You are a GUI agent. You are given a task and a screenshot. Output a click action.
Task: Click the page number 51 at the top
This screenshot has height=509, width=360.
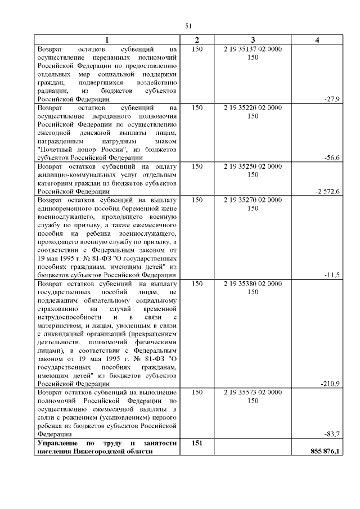coord(188,25)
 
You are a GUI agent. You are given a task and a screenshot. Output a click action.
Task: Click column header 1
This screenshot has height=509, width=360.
coord(107,40)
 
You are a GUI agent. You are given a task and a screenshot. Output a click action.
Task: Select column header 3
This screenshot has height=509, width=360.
coord(253,40)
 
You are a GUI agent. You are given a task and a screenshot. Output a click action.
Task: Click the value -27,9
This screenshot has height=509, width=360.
coord(332,98)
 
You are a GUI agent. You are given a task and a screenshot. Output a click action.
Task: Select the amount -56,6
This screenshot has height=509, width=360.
coord(332,157)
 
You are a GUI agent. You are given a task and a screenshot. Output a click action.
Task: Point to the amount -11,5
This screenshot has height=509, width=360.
coord(332,274)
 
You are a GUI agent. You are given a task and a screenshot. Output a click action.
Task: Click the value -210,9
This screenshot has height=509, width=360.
coord(330,384)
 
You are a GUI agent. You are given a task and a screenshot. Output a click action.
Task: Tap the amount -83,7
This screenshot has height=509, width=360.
coord(332,434)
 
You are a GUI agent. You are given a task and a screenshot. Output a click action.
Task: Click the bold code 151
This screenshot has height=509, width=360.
coord(197,443)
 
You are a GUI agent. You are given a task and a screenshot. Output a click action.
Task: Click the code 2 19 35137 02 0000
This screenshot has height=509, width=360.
coord(253,49)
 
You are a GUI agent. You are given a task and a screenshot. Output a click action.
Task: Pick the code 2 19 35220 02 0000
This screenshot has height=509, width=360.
coord(253,107)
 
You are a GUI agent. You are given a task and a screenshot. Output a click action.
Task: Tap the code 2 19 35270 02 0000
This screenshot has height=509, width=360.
coord(253,200)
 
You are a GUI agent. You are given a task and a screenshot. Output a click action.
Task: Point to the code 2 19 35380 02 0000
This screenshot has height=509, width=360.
coord(253,284)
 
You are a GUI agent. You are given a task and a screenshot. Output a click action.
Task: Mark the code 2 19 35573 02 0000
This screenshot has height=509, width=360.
coord(253,393)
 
